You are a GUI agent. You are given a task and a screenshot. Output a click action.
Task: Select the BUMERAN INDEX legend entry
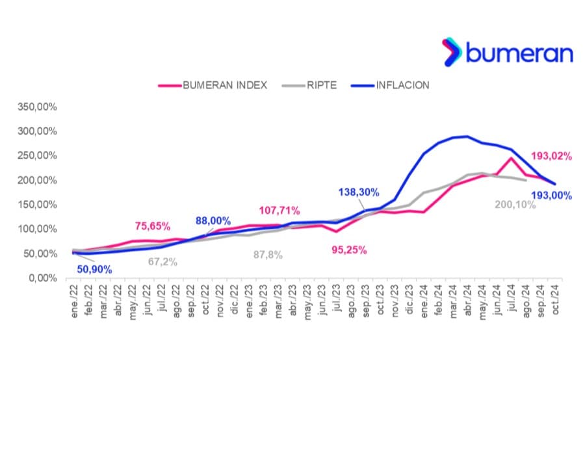(x=213, y=85)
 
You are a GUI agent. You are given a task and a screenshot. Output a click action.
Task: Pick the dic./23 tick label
(x=408, y=301)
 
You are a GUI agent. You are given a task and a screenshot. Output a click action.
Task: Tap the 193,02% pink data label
(x=551, y=156)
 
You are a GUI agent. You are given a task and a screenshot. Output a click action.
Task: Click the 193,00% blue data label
(x=551, y=195)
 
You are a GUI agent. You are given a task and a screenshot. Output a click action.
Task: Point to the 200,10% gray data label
(x=514, y=205)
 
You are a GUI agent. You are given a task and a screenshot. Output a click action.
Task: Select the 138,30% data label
(x=359, y=192)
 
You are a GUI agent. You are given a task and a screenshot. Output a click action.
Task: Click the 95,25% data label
(x=350, y=250)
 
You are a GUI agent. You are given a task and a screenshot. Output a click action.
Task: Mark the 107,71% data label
(x=279, y=211)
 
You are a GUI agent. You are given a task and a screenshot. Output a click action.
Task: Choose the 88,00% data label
(x=213, y=221)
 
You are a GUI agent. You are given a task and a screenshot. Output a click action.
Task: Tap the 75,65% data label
(x=153, y=226)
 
